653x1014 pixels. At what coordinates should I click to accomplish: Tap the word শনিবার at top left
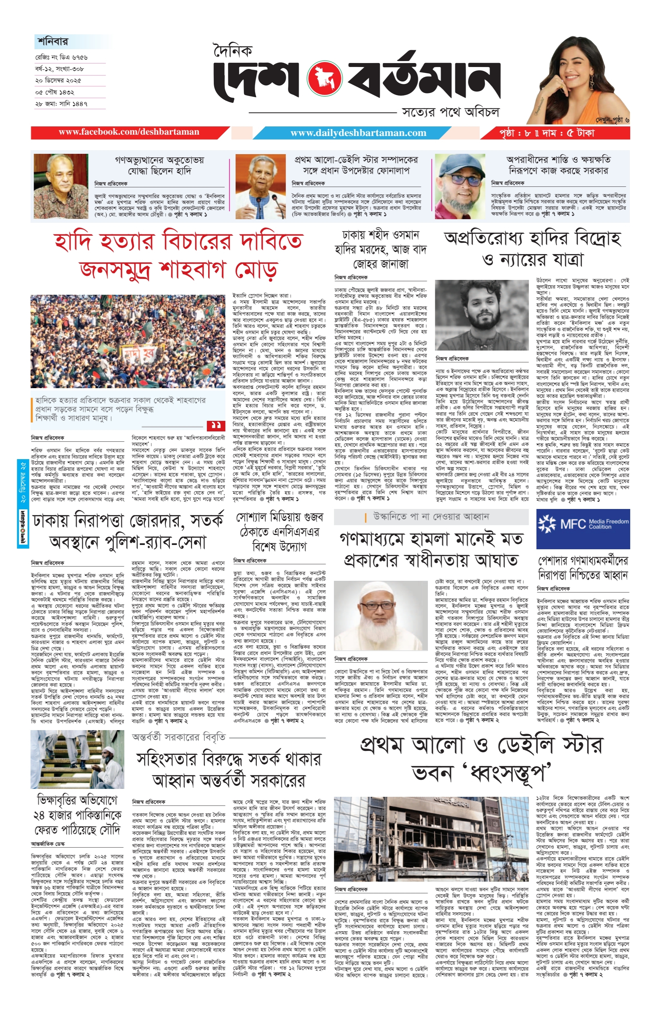pos(52,42)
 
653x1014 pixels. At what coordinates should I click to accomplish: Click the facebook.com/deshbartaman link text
pos(129,132)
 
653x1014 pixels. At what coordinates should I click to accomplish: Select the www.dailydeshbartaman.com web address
pos(358,133)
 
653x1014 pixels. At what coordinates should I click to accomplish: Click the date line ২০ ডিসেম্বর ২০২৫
pos(58,81)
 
